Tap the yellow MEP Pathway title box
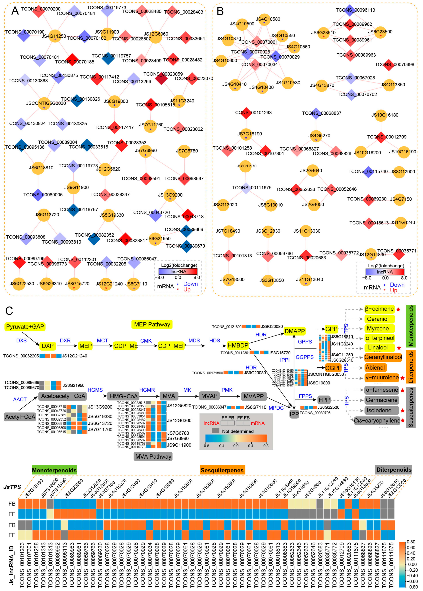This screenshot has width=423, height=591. (x=152, y=324)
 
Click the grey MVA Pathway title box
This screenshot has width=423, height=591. (x=153, y=456)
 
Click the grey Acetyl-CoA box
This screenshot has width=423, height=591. (x=20, y=417)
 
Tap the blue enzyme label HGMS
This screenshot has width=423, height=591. (x=95, y=390)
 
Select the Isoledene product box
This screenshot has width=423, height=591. (x=379, y=410)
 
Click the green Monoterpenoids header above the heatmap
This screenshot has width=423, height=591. (x=54, y=470)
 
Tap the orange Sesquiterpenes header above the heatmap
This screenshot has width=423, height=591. (x=222, y=470)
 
